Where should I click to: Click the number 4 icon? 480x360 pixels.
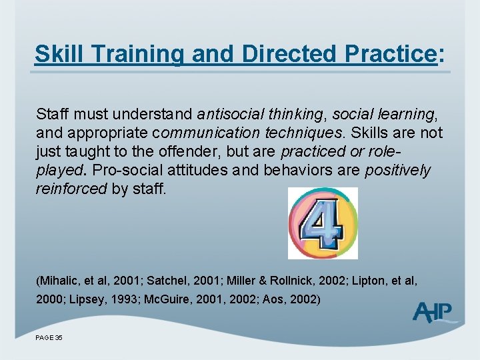tap(323, 223)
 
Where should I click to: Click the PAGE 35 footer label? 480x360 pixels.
tap(49, 338)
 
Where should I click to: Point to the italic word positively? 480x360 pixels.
tap(398, 171)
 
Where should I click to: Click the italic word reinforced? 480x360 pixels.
tap(71, 189)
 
